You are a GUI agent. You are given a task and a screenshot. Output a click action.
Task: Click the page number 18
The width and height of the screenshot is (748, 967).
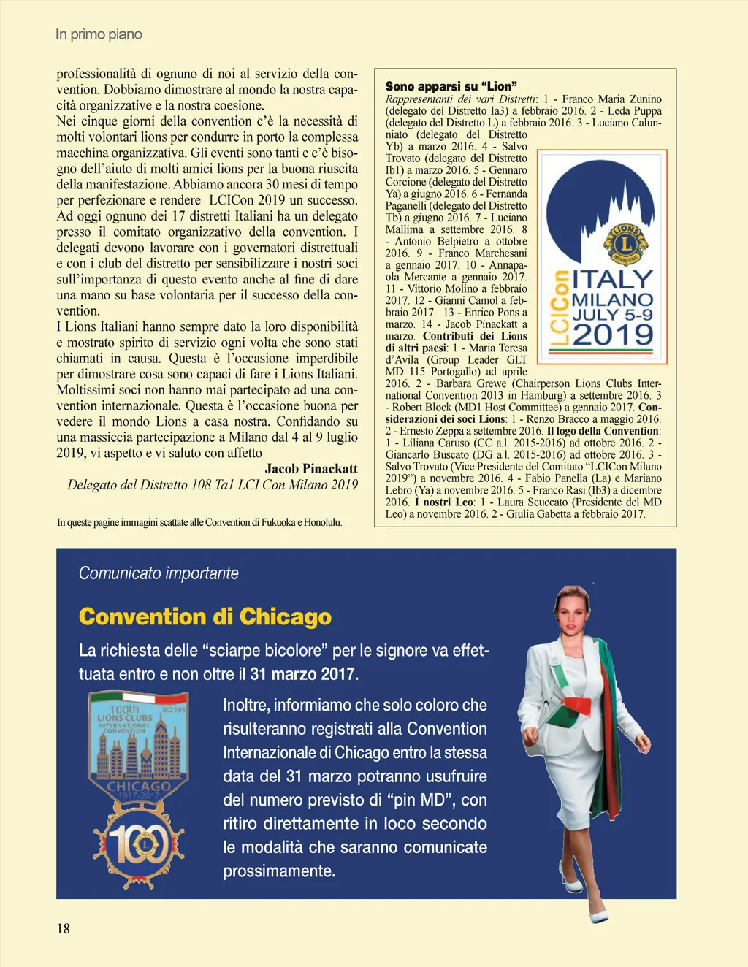[x=64, y=928]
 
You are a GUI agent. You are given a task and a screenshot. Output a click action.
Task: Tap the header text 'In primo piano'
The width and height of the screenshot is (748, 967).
[x=99, y=34]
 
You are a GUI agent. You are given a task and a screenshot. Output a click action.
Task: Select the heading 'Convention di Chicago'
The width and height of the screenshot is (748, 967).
[x=205, y=616]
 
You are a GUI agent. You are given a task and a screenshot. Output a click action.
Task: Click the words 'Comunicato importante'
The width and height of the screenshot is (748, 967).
[x=159, y=573]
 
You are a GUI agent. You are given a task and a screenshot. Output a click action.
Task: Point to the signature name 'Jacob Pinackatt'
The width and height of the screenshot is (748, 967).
[x=311, y=469]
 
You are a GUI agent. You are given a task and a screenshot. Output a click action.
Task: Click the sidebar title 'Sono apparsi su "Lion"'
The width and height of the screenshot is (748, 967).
[x=451, y=86]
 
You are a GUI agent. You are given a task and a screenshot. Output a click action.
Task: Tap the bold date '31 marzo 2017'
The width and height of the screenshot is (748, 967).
[x=304, y=674]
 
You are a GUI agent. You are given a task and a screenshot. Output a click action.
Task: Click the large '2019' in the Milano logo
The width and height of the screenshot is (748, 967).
[x=612, y=335]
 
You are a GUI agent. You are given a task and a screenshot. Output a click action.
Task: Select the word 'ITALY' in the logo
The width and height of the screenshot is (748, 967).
[x=612, y=279]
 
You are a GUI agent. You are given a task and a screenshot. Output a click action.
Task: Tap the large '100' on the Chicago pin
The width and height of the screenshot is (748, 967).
[x=139, y=845]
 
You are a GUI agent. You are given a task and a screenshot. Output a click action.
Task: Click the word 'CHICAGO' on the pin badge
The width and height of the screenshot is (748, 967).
[x=139, y=787]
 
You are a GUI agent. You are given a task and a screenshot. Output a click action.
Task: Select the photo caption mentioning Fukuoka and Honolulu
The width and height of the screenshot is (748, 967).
[x=199, y=522]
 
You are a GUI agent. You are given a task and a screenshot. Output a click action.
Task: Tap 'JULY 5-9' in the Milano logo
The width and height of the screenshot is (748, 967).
[x=612, y=315]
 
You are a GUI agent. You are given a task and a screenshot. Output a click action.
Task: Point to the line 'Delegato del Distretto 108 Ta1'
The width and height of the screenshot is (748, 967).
[x=212, y=485]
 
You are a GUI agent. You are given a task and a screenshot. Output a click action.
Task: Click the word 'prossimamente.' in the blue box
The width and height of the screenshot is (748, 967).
[x=279, y=871]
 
